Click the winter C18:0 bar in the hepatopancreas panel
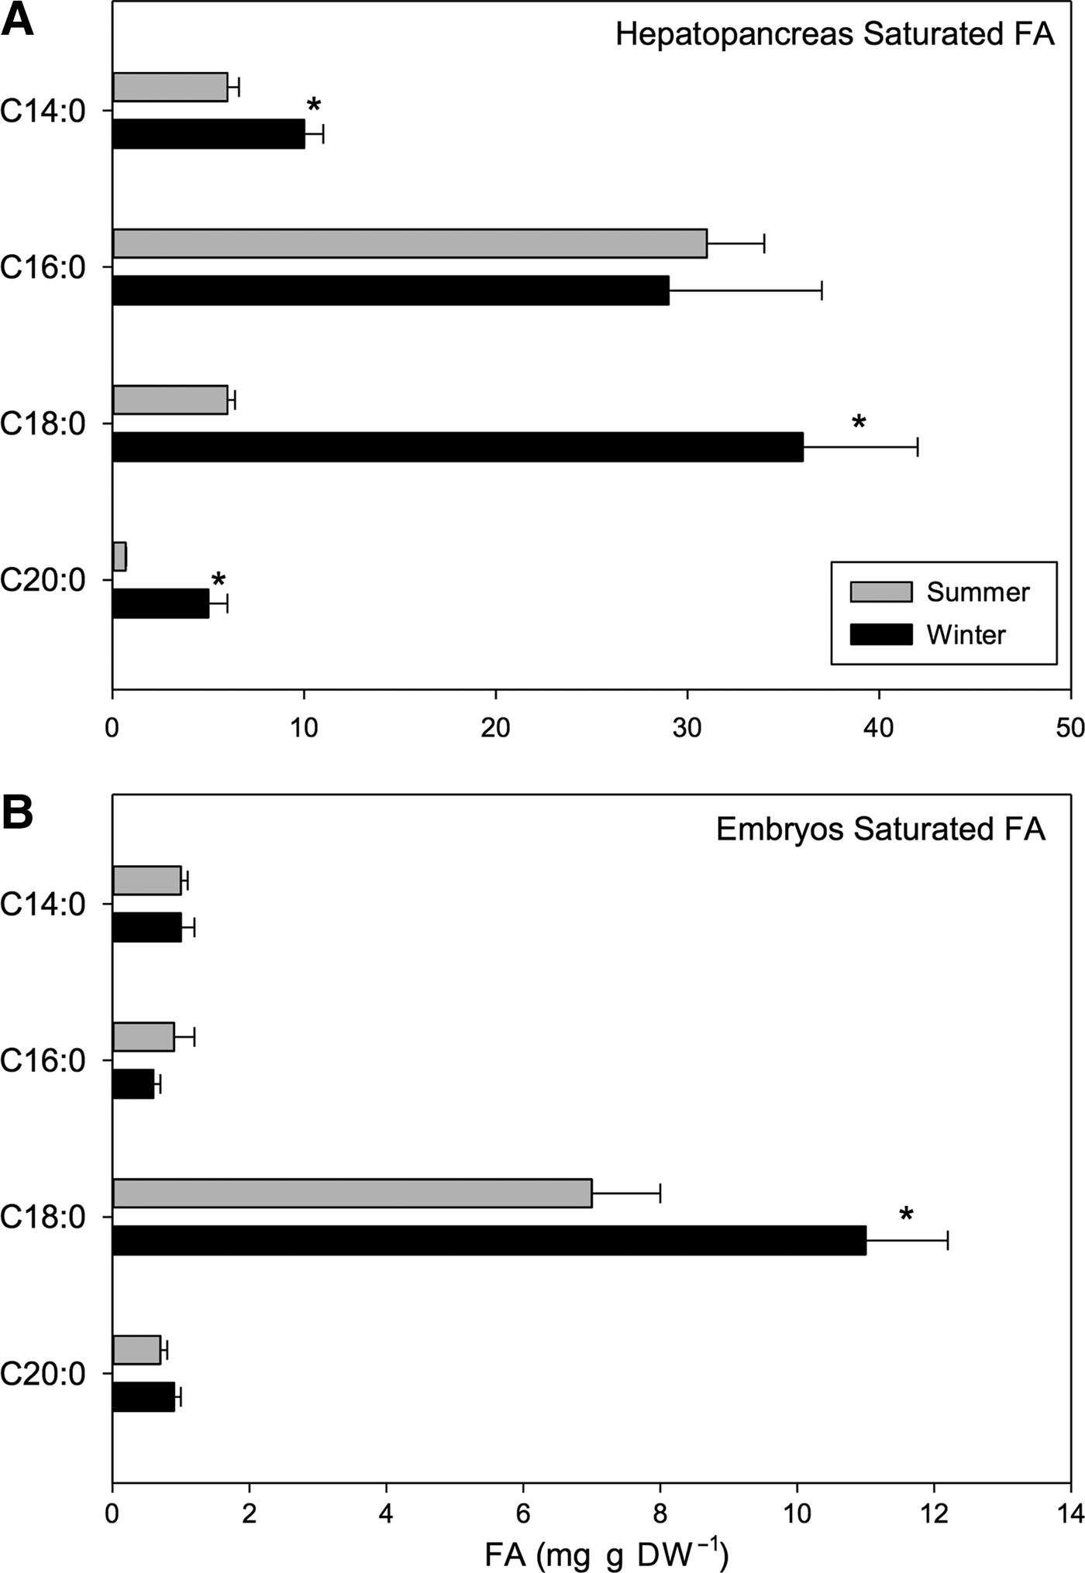(457, 447)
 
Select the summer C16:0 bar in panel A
(409, 243)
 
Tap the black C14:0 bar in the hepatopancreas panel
(208, 134)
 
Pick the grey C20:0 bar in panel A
(119, 556)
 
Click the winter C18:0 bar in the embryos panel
(488, 1240)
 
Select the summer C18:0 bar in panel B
(352, 1193)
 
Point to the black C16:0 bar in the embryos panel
(133, 1084)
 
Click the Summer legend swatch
(880, 592)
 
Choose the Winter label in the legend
(966, 635)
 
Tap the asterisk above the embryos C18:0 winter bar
(906, 1215)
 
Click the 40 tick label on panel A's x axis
(879, 728)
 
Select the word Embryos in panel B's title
(780, 829)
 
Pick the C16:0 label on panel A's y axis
(43, 267)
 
